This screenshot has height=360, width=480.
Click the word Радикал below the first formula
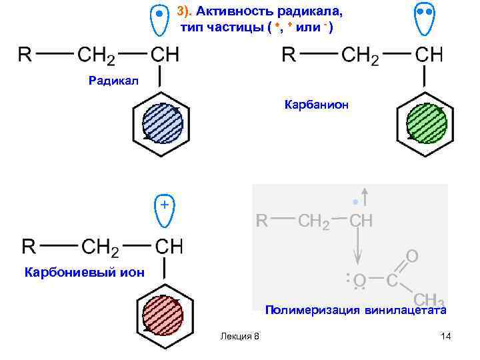[113, 81]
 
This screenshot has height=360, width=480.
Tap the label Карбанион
[316, 105]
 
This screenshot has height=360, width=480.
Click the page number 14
[446, 336]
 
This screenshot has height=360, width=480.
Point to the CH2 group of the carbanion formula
[360, 55]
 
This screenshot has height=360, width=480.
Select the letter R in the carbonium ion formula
[29, 247]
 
